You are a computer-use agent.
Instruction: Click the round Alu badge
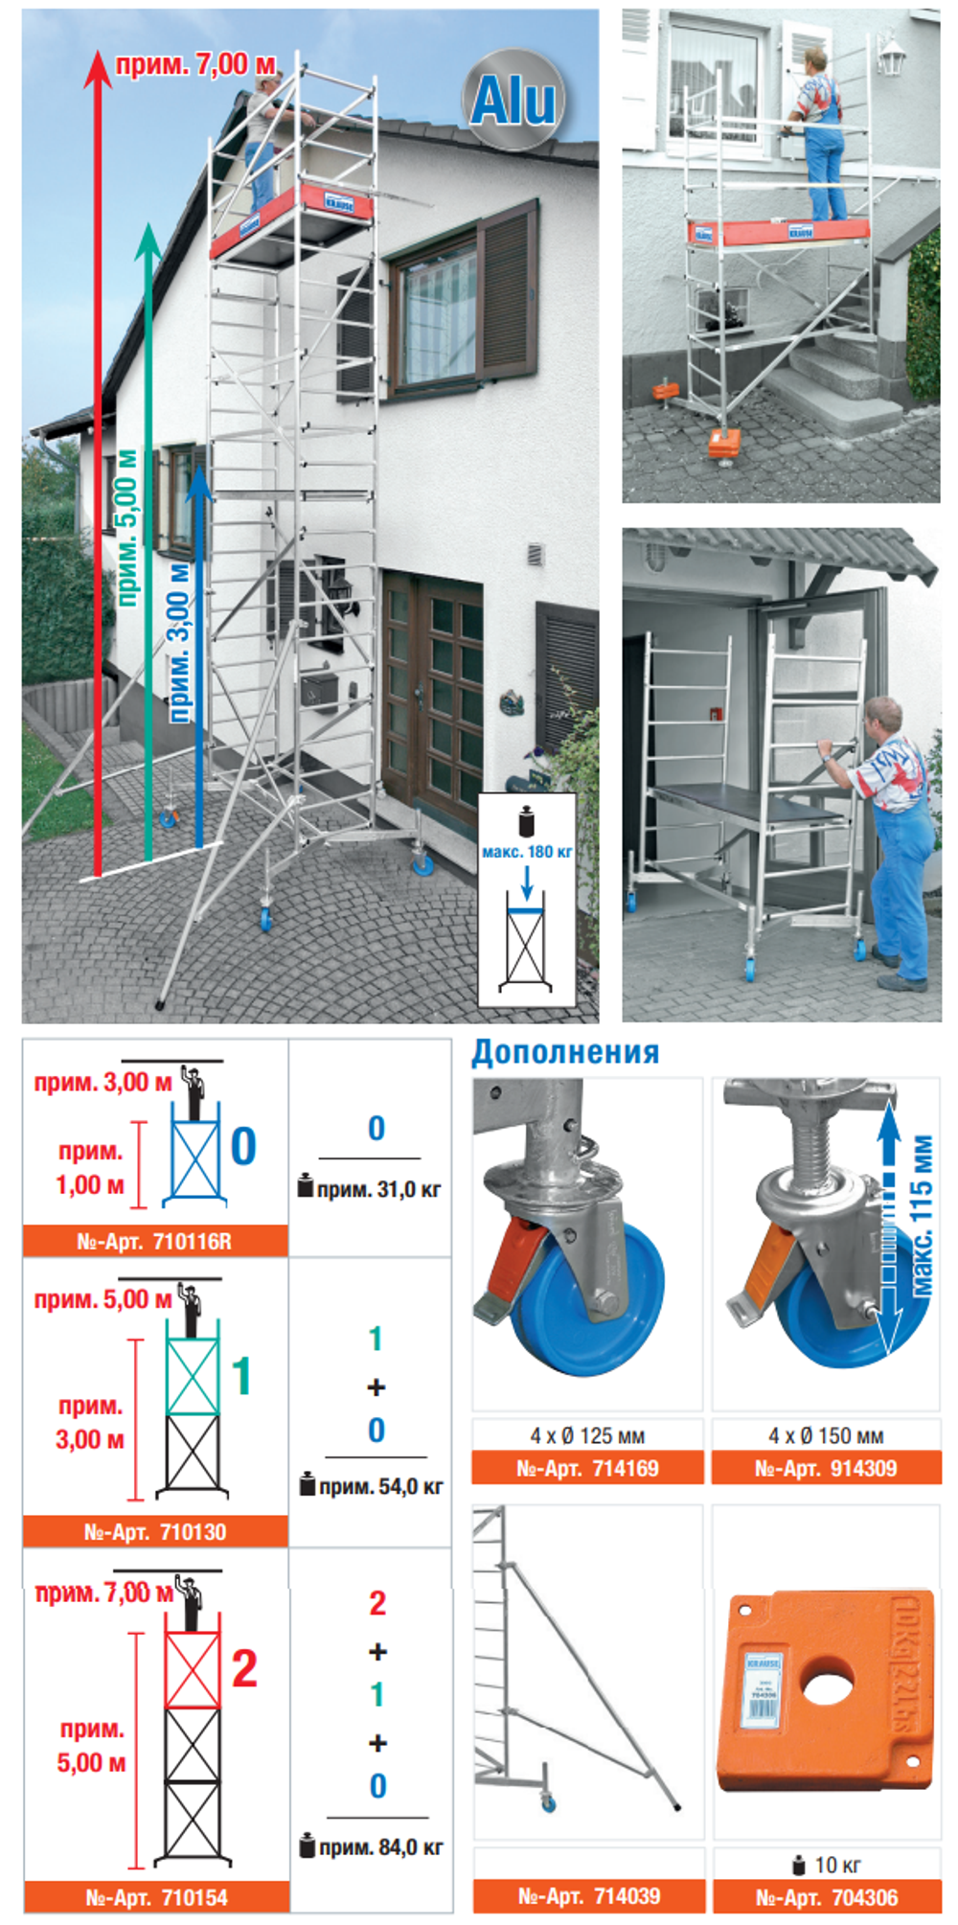(x=513, y=100)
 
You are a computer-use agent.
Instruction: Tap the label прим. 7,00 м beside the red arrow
(x=196, y=65)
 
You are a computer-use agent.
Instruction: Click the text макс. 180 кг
(x=527, y=851)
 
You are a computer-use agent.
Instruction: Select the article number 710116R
(x=154, y=1242)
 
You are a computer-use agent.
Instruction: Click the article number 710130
(x=155, y=1532)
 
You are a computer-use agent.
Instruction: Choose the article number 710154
(x=157, y=1897)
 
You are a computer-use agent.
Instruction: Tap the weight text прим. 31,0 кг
(x=377, y=1190)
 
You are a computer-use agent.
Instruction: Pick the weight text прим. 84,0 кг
(x=379, y=1847)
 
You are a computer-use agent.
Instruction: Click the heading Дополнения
(x=565, y=1052)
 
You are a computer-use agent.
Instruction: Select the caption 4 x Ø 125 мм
(x=587, y=1435)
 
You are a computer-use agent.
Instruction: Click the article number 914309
(x=826, y=1468)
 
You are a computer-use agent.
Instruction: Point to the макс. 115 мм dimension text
(x=922, y=1217)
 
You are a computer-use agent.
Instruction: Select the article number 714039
(x=589, y=1895)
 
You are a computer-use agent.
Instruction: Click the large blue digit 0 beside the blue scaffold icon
(x=243, y=1146)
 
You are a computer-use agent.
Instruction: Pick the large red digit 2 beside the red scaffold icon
(x=244, y=1669)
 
